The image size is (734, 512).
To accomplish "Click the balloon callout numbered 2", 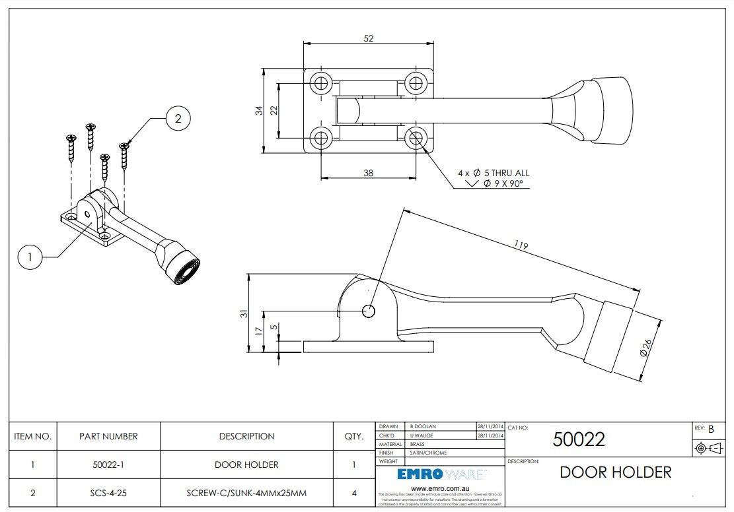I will click(x=178, y=119).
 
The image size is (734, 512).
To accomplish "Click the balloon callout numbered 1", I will click(x=30, y=257).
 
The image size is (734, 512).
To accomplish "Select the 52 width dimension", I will click(x=369, y=38).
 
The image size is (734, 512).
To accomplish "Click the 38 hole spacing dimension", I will click(x=369, y=173).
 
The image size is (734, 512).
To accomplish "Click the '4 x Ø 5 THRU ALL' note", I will click(x=494, y=173).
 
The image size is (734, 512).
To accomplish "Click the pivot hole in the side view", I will click(x=369, y=311).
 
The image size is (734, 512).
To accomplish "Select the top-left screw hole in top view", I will click(x=322, y=83).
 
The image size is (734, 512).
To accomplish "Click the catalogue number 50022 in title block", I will click(x=579, y=439).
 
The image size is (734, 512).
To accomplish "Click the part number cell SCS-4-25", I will click(x=108, y=493).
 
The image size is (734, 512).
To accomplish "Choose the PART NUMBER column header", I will click(x=108, y=436).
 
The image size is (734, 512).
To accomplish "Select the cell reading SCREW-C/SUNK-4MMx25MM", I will click(x=246, y=493).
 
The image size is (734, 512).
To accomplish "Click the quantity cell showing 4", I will click(x=354, y=493).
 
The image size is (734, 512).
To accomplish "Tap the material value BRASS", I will click(x=419, y=445).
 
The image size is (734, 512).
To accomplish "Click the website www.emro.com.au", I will click(x=440, y=488).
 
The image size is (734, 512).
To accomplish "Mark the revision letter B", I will click(x=711, y=430).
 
